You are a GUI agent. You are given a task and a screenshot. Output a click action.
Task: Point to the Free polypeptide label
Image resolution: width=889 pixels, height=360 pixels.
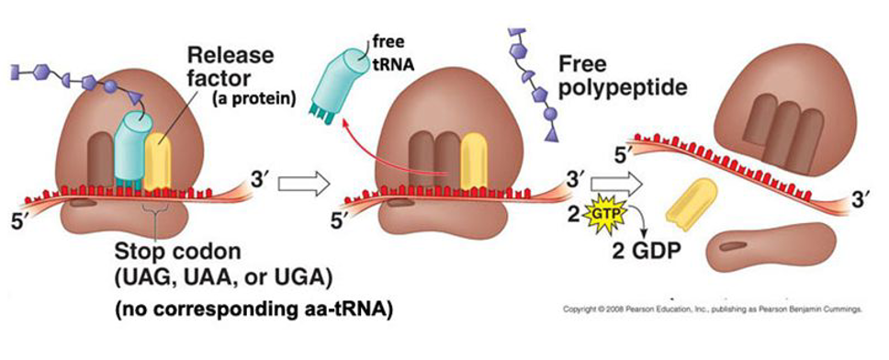point(625,79)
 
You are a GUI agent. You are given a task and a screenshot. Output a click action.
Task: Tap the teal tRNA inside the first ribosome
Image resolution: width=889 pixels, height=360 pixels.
point(130,152)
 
